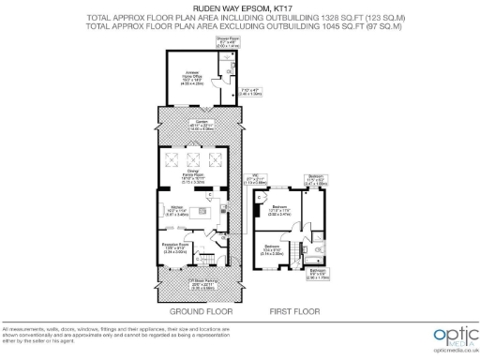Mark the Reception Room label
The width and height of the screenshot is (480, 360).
(x=178, y=248)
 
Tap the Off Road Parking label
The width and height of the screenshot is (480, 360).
(x=201, y=283)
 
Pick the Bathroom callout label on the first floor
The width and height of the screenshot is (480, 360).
(x=318, y=276)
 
